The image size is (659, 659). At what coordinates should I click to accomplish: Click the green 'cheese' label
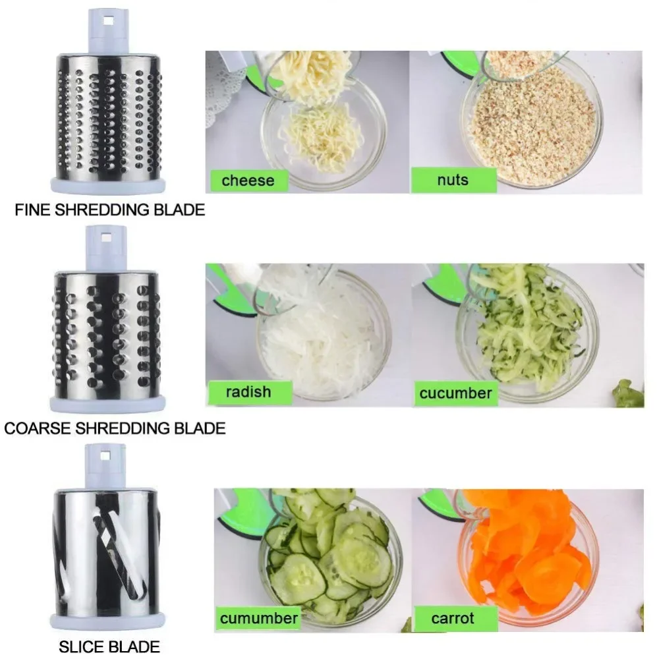(x=248, y=180)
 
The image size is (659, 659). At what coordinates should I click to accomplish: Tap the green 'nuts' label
(x=453, y=180)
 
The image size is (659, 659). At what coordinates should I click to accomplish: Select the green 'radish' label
(x=248, y=392)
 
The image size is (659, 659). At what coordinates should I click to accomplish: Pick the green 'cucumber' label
(x=455, y=393)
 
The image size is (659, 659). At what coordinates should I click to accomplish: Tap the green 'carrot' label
(x=453, y=618)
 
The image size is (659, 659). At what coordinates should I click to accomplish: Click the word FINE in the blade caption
(x=30, y=210)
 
